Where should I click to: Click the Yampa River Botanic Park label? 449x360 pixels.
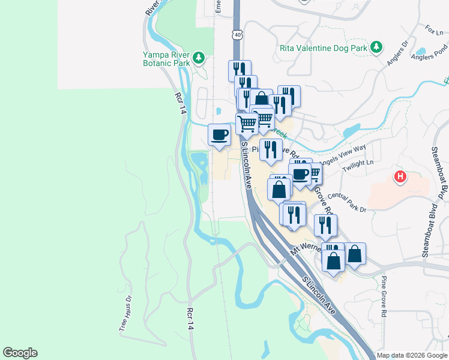166,58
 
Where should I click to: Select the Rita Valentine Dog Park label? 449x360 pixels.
324,47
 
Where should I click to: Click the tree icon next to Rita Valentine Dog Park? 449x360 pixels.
376,47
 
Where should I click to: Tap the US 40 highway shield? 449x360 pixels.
238,35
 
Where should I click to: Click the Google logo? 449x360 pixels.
20,353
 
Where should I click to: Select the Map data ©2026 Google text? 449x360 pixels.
412,355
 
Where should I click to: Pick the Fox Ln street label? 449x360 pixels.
433,28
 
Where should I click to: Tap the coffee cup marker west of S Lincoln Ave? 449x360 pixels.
219,134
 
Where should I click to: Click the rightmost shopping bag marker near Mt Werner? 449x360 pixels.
355,253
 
